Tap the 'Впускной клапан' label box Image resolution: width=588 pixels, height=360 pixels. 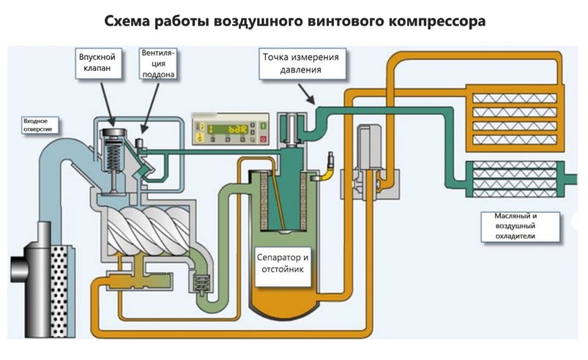97,62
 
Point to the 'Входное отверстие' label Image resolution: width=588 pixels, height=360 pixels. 35,125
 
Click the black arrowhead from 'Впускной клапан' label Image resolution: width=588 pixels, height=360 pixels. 112,121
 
